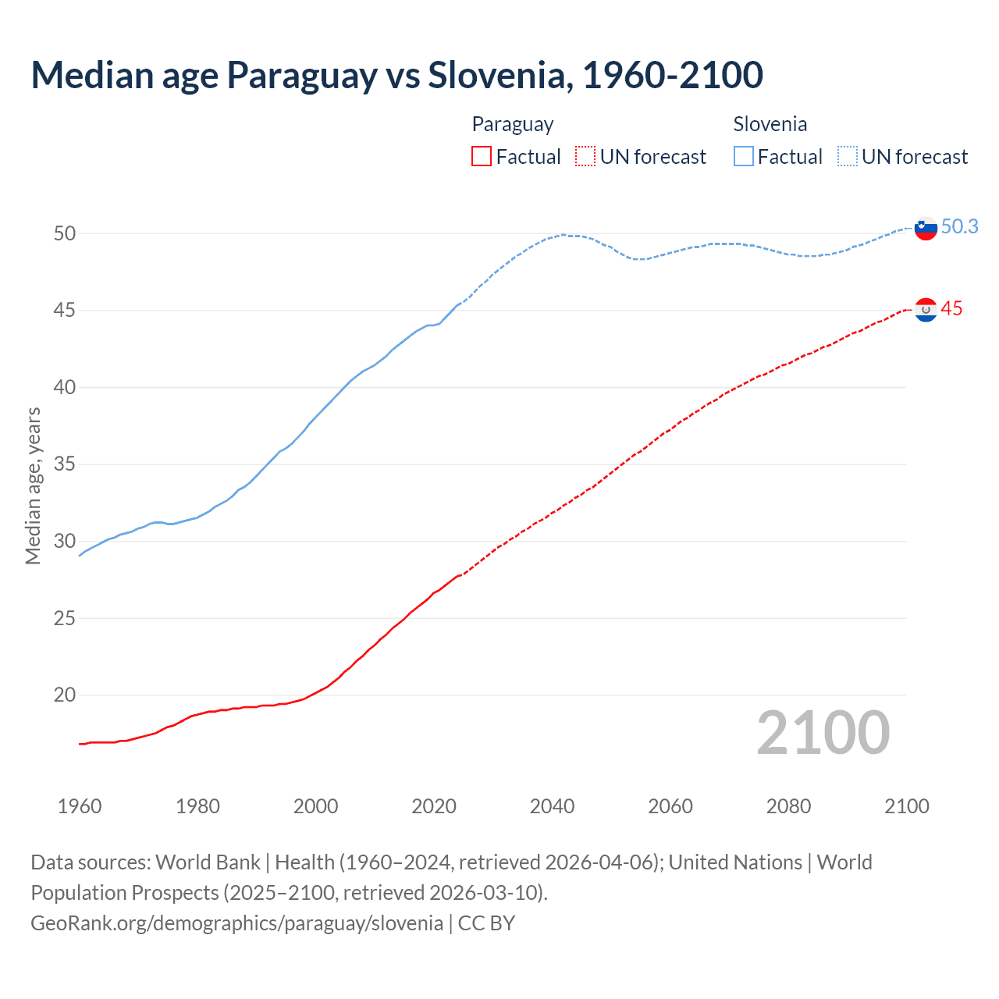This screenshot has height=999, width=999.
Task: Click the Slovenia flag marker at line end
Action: pos(926,229)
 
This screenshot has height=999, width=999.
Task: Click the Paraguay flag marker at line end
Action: pos(926,310)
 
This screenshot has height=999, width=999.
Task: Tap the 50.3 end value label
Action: pos(959,226)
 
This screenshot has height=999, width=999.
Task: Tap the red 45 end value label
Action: pos(951,308)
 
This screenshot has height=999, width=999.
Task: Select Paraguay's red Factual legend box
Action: pos(482,156)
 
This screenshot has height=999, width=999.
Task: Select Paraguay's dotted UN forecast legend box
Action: pos(585,156)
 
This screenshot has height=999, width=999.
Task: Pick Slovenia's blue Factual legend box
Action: pos(744,156)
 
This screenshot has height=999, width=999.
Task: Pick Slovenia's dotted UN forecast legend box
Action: pos(847,156)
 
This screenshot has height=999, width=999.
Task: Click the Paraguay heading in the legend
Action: pos(513,124)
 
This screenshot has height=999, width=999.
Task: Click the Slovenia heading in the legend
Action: pos(770,124)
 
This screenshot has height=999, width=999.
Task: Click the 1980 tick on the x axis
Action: pos(197,806)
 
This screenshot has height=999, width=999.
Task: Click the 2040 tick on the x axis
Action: pos(552,806)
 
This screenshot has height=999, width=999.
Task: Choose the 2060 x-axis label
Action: pos(670,806)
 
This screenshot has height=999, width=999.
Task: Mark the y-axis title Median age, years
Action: pos(33,485)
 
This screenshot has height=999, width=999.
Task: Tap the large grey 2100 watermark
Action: pos(823,733)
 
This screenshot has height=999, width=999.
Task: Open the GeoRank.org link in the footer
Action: pos(236,923)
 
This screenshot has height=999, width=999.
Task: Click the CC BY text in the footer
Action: pos(486,923)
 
